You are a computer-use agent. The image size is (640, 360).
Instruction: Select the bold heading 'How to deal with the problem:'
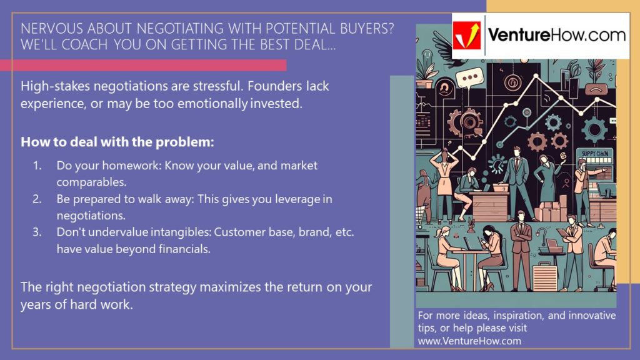click(117, 142)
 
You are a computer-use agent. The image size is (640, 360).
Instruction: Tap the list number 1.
click(37, 166)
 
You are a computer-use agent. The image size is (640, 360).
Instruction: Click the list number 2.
click(37, 199)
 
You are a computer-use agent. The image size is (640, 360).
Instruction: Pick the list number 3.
click(37, 232)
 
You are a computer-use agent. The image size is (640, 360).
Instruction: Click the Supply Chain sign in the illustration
click(591, 153)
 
